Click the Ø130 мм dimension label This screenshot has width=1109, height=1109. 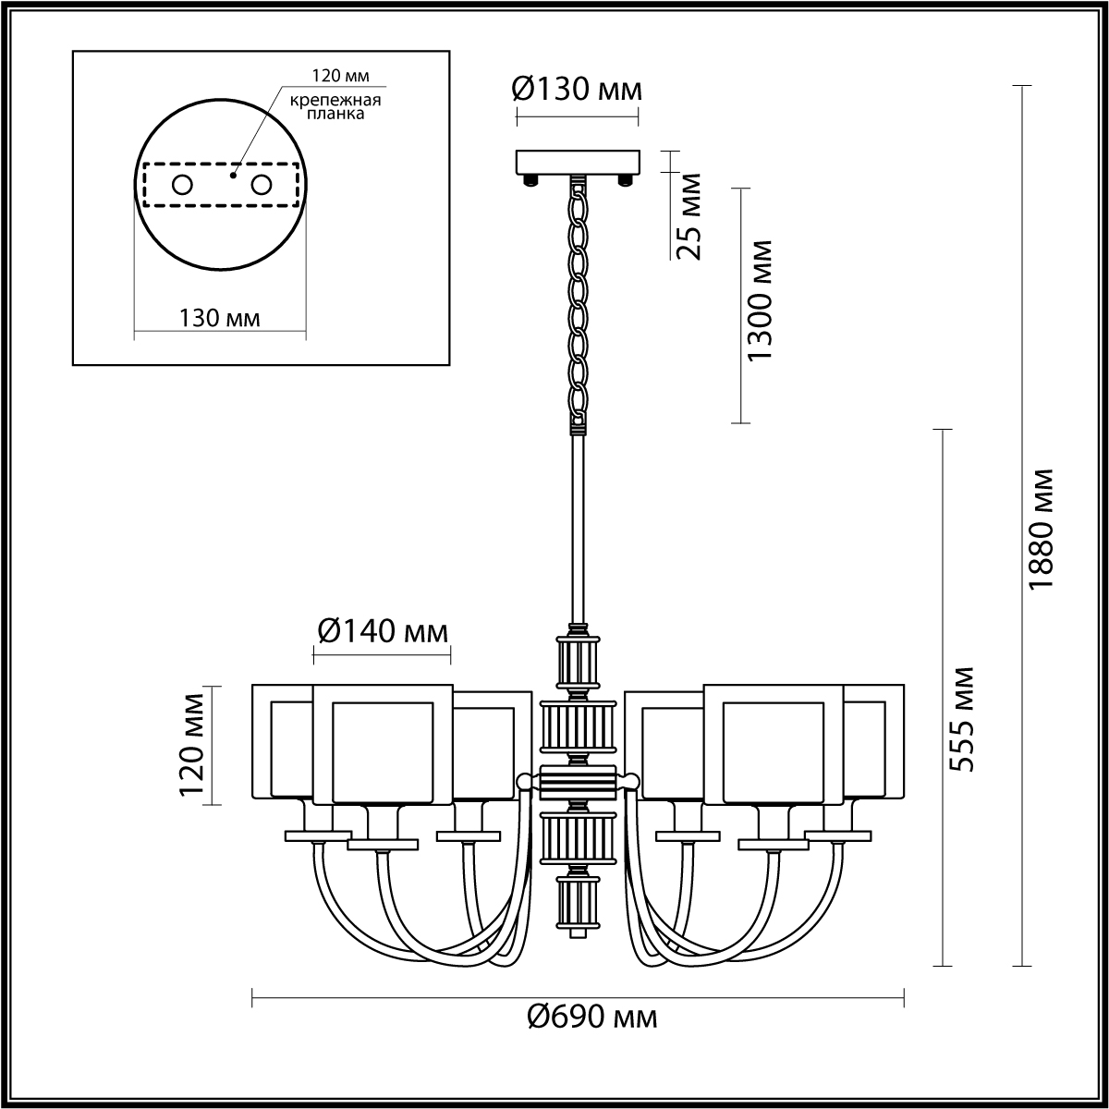click(576, 90)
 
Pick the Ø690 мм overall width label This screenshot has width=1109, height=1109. click(592, 1018)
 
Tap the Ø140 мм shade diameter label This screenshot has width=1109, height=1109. click(383, 631)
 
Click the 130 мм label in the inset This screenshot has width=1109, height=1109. click(219, 319)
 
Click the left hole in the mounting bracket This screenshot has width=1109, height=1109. click(182, 185)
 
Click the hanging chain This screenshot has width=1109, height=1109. click(579, 305)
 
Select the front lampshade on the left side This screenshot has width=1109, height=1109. click(383, 744)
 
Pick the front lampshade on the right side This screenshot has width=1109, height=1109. click(773, 744)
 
